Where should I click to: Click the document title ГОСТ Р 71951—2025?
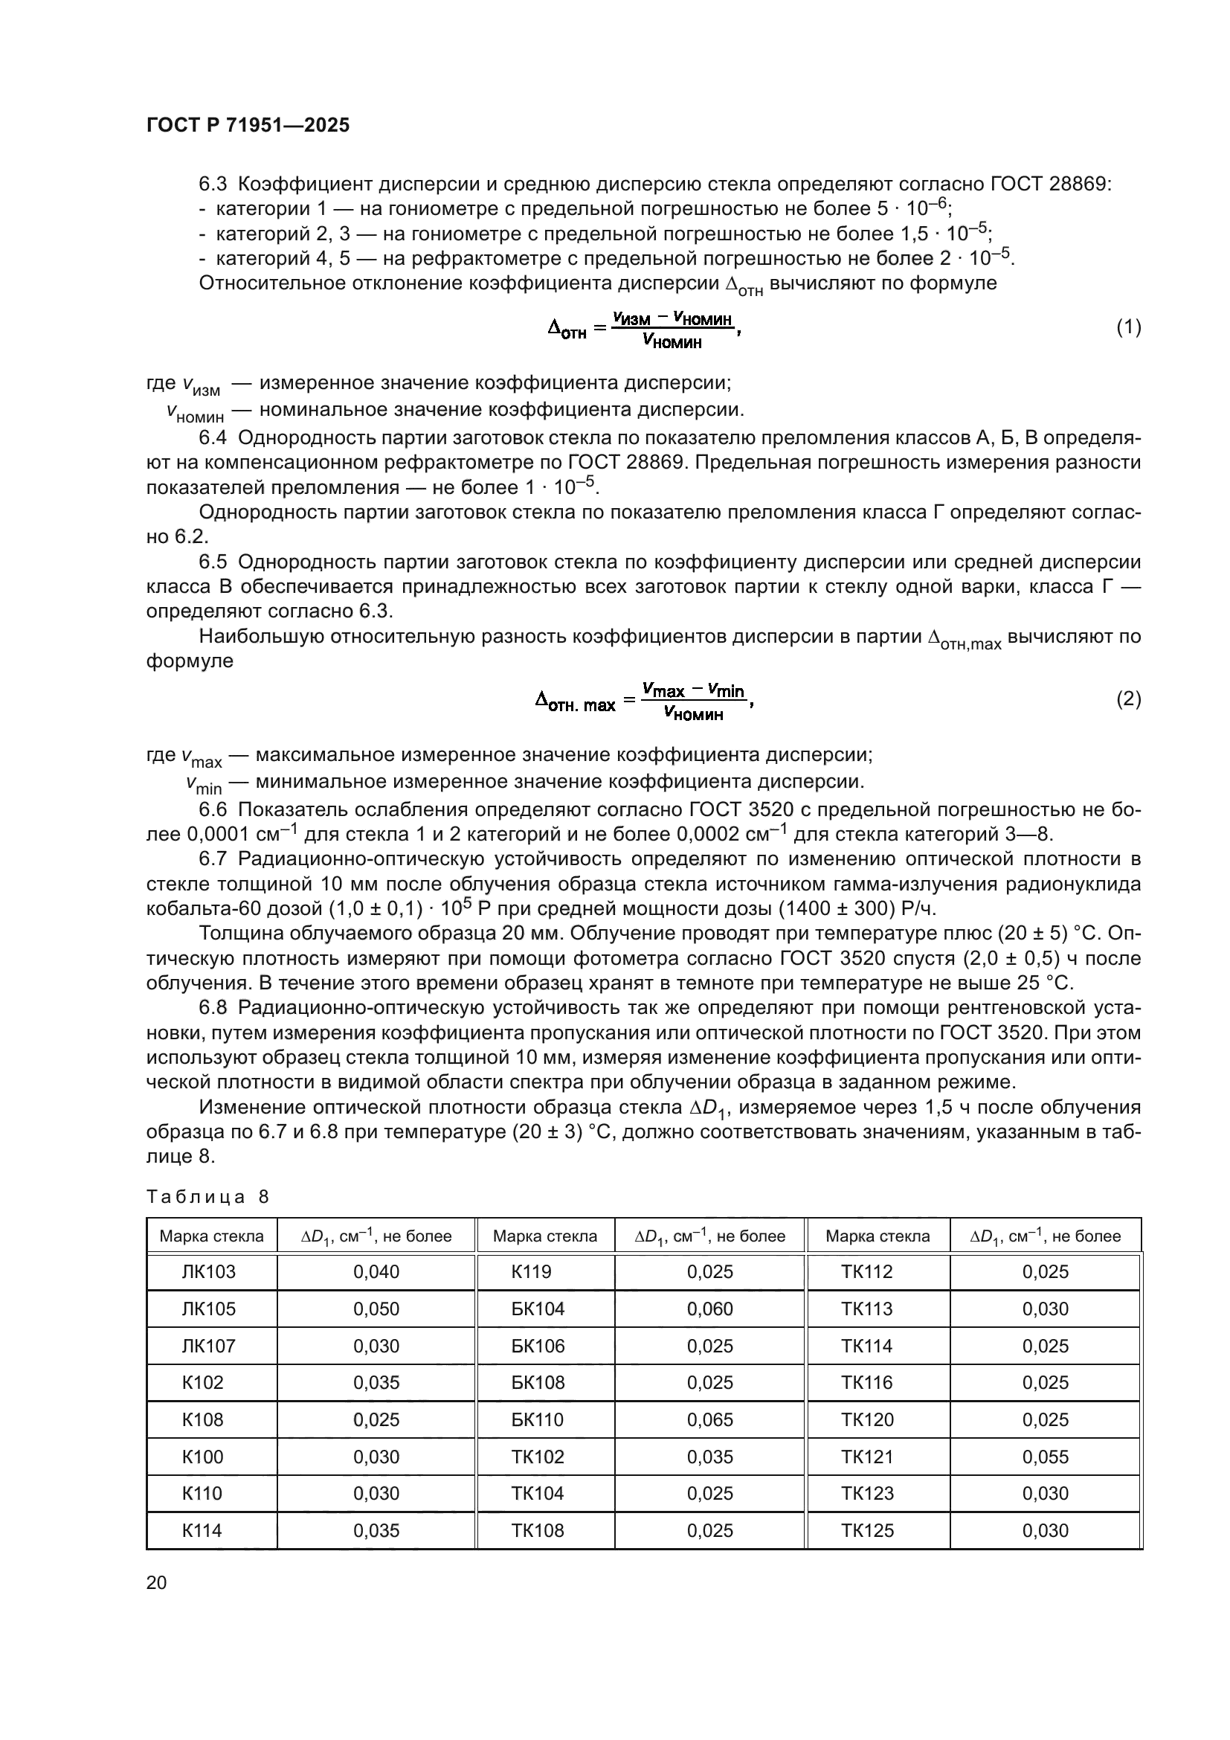(248, 125)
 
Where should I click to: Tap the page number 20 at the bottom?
(156, 1582)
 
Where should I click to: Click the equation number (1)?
(1129, 327)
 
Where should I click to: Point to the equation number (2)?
(1129, 699)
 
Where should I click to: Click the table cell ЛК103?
(208, 1271)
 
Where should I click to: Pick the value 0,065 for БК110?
(709, 1419)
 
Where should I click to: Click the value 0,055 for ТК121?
(1045, 1457)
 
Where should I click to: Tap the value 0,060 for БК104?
(709, 1309)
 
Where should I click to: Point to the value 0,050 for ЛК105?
(376, 1309)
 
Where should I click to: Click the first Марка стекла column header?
(211, 1236)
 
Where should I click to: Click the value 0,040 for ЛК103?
(376, 1271)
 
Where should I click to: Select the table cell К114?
(202, 1530)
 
